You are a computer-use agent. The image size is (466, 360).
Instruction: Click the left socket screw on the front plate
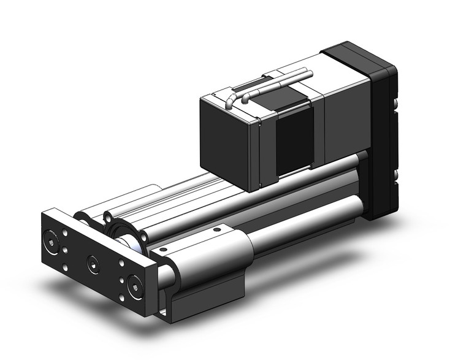pos(50,237)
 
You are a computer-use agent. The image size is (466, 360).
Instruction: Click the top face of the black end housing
pos(356,52)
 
